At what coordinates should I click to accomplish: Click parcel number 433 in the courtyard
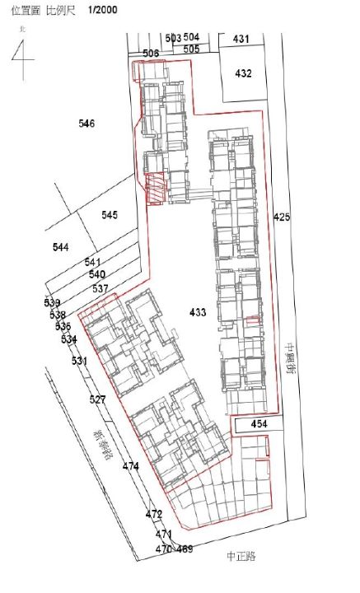(198, 312)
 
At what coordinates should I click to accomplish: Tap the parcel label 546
(86, 124)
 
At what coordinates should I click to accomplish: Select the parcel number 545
(110, 215)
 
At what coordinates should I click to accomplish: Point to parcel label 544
(60, 247)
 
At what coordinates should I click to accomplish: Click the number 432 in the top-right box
(243, 73)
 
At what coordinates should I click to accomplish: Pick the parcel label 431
(241, 39)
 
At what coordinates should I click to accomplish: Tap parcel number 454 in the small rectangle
(259, 423)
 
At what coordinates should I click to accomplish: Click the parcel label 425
(282, 217)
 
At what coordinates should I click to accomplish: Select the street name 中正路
(241, 556)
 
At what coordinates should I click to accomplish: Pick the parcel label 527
(98, 399)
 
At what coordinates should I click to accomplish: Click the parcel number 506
(151, 54)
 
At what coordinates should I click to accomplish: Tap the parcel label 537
(101, 288)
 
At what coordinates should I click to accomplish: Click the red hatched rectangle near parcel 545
(155, 190)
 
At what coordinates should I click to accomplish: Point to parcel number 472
(154, 514)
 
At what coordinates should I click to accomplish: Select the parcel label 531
(79, 361)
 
